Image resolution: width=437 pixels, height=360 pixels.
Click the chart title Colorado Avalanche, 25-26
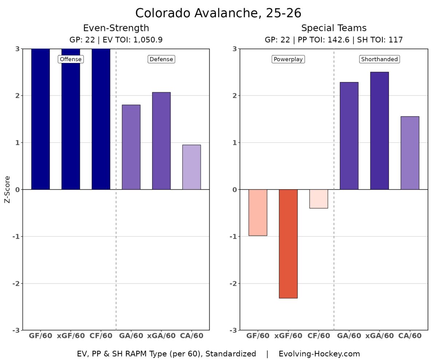(x=218, y=13)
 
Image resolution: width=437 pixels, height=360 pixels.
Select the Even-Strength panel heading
(x=116, y=28)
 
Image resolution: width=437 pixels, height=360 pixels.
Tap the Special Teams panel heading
(x=334, y=28)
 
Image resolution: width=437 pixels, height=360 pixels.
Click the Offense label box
(x=71, y=59)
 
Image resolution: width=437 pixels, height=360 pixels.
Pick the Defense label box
(x=161, y=59)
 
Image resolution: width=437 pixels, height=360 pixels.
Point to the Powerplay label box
(x=288, y=59)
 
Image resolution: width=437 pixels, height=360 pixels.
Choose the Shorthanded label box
(x=379, y=59)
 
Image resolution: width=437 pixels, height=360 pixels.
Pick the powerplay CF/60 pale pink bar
(x=319, y=199)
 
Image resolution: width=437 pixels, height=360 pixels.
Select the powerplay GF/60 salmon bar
(x=258, y=212)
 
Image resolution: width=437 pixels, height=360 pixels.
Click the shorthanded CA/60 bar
(x=410, y=153)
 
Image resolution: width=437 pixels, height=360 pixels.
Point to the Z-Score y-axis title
(x=7, y=189)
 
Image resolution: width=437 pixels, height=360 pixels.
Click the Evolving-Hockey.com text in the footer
(x=319, y=353)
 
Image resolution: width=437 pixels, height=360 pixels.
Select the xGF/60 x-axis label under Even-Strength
(x=71, y=336)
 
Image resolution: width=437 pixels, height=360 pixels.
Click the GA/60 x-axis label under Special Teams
(x=349, y=336)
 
